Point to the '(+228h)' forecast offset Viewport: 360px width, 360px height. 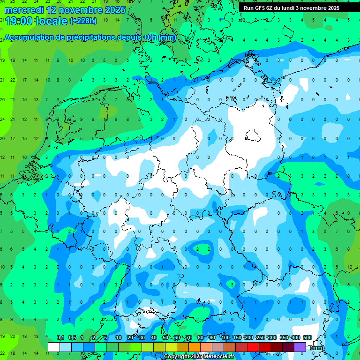(83, 21)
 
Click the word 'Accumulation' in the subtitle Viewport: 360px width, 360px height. (29, 37)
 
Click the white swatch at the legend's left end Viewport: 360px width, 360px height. (54, 347)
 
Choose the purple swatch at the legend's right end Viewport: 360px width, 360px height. (300, 347)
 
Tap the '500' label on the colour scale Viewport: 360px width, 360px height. (307, 337)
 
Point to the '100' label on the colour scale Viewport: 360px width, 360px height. (225, 337)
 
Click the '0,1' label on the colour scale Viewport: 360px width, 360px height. (60, 337)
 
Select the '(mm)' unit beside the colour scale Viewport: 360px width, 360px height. (317, 348)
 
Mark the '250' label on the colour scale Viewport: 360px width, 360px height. (261, 337)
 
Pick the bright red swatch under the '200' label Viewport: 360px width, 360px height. (254, 347)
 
